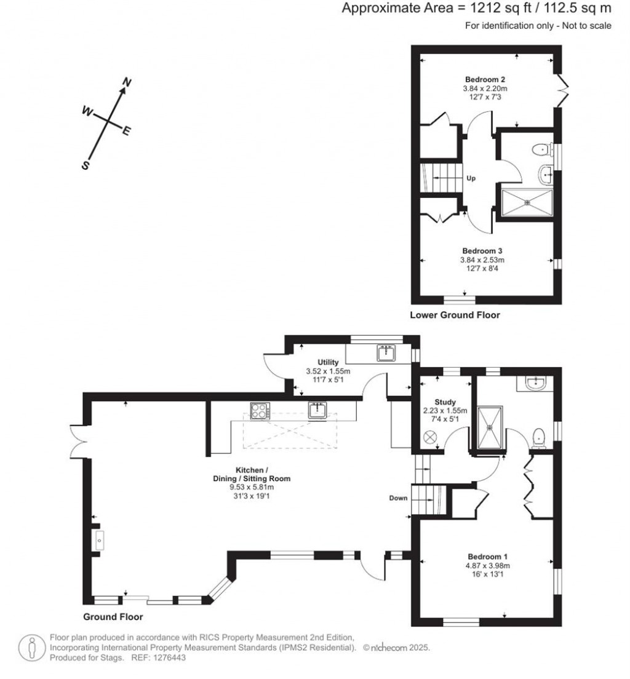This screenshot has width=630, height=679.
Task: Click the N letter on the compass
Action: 128,82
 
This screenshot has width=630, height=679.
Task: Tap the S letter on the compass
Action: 87,165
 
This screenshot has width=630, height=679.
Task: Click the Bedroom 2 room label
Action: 485,80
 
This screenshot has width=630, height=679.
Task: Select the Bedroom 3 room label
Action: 482,251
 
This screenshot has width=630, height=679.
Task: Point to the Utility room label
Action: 328,362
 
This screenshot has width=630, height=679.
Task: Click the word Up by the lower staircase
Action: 471,178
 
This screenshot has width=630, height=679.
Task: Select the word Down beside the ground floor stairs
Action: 398,498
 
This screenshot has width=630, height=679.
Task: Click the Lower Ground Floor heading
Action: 455,315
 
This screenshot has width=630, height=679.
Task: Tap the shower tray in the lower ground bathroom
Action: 527,203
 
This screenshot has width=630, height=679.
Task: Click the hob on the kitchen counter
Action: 258,410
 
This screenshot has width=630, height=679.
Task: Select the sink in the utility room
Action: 386,353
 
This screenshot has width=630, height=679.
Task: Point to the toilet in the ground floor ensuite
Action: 540,437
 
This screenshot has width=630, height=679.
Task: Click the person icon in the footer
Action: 31,648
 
